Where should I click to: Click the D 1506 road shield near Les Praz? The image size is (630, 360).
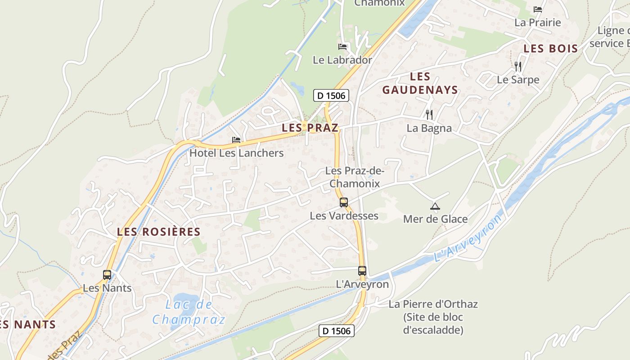point(331,95)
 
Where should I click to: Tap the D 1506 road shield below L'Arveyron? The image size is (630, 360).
point(337,331)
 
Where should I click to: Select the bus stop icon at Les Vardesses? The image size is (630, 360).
point(344,202)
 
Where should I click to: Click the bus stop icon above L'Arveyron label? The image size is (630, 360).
point(362,271)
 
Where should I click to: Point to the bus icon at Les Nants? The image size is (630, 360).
point(107,275)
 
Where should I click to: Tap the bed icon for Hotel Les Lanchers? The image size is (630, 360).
point(236,140)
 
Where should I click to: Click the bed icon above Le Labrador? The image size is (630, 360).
point(342,46)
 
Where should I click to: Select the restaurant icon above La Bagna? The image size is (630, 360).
point(429,115)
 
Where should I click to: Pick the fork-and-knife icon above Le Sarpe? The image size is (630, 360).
point(518,67)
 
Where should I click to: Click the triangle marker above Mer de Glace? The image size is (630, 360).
point(435,207)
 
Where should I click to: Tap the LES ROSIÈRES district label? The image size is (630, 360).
point(158,232)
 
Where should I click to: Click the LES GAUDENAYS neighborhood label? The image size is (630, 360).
point(420,83)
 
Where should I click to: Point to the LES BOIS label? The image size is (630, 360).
point(551,49)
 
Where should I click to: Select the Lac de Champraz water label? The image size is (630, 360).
point(189,312)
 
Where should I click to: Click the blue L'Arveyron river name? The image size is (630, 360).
point(468,238)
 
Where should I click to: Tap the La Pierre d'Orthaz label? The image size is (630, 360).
point(433,304)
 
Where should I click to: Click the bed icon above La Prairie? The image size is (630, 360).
point(537,9)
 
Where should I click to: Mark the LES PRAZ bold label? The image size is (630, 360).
point(310,128)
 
